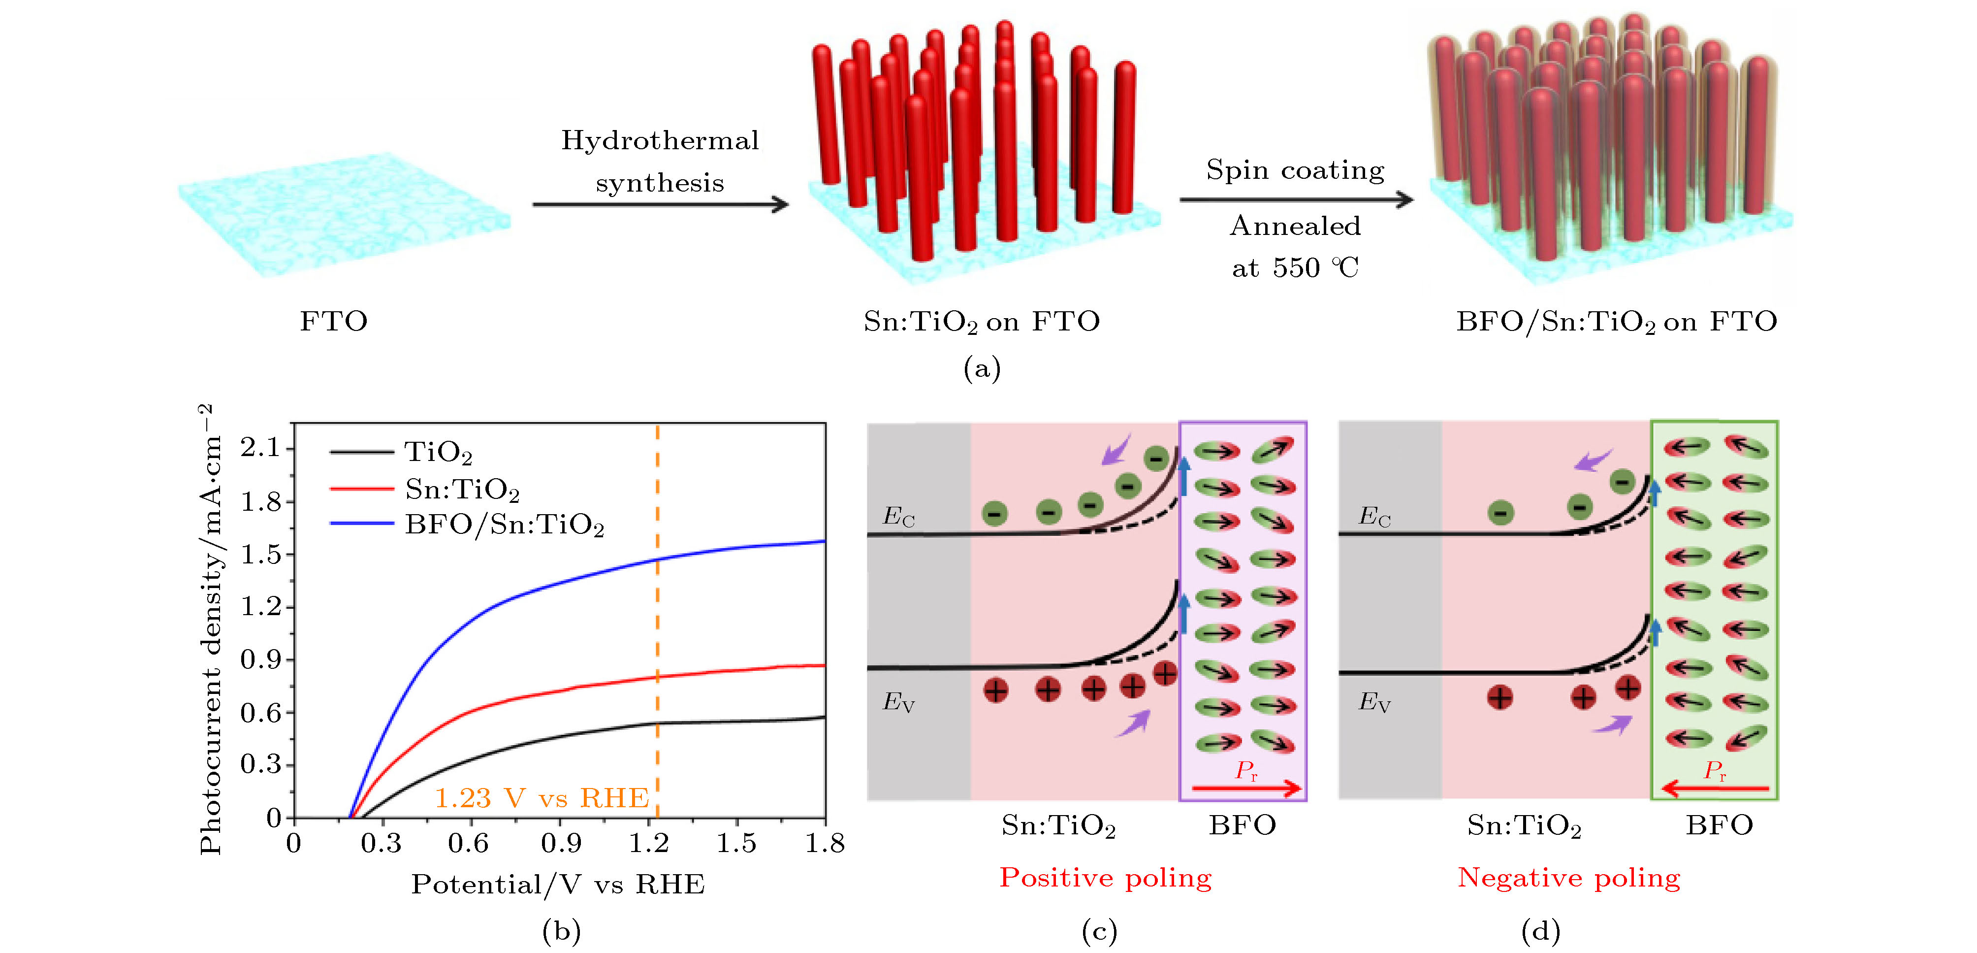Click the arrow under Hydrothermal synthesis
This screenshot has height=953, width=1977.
[x=660, y=204]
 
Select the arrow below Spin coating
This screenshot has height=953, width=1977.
[x=1296, y=199]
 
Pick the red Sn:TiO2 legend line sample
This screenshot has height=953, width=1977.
[x=361, y=489]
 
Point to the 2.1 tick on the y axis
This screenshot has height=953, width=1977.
[x=261, y=447]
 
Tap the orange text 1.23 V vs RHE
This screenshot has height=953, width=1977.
[x=541, y=798]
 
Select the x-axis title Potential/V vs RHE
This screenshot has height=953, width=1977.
[x=558, y=885]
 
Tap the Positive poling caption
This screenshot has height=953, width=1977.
[x=1105, y=877]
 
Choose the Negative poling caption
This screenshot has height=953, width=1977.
[x=1569, y=877]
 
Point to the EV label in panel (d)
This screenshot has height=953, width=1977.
[x=1374, y=702]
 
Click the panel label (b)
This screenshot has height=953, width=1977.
[x=561, y=931]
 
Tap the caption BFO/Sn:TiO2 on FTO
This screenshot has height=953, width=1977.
[x=1616, y=321]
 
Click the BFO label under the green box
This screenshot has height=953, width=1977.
[x=1719, y=825]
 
